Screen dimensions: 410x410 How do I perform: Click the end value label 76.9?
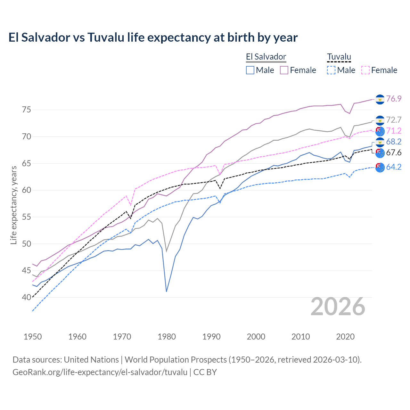point(394,99)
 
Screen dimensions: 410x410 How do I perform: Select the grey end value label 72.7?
point(394,120)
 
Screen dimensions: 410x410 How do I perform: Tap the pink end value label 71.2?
point(394,131)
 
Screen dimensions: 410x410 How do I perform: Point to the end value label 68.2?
point(394,142)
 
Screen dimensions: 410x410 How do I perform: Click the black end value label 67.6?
point(394,152)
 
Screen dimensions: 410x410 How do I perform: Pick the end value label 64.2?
point(394,167)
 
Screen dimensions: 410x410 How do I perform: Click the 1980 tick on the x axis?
point(167,337)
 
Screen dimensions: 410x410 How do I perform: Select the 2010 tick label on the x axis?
point(300,337)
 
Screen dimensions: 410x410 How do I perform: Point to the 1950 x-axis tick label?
point(33,337)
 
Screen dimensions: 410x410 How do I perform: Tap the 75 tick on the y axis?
point(26,110)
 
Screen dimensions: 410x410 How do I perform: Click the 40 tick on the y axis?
point(26,297)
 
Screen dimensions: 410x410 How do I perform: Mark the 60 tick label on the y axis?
point(26,190)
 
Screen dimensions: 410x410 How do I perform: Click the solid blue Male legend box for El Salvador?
point(250,70)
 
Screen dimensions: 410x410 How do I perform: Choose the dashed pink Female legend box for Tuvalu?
point(365,70)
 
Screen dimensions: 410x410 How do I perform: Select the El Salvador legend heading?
point(266,57)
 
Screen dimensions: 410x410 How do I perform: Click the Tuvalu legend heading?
point(339,57)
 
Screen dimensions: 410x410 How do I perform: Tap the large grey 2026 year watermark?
point(338,307)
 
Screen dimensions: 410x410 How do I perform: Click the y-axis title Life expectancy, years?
point(14,205)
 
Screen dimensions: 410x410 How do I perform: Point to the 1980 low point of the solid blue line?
point(167,291)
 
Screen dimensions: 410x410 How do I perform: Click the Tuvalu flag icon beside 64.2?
point(380,167)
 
